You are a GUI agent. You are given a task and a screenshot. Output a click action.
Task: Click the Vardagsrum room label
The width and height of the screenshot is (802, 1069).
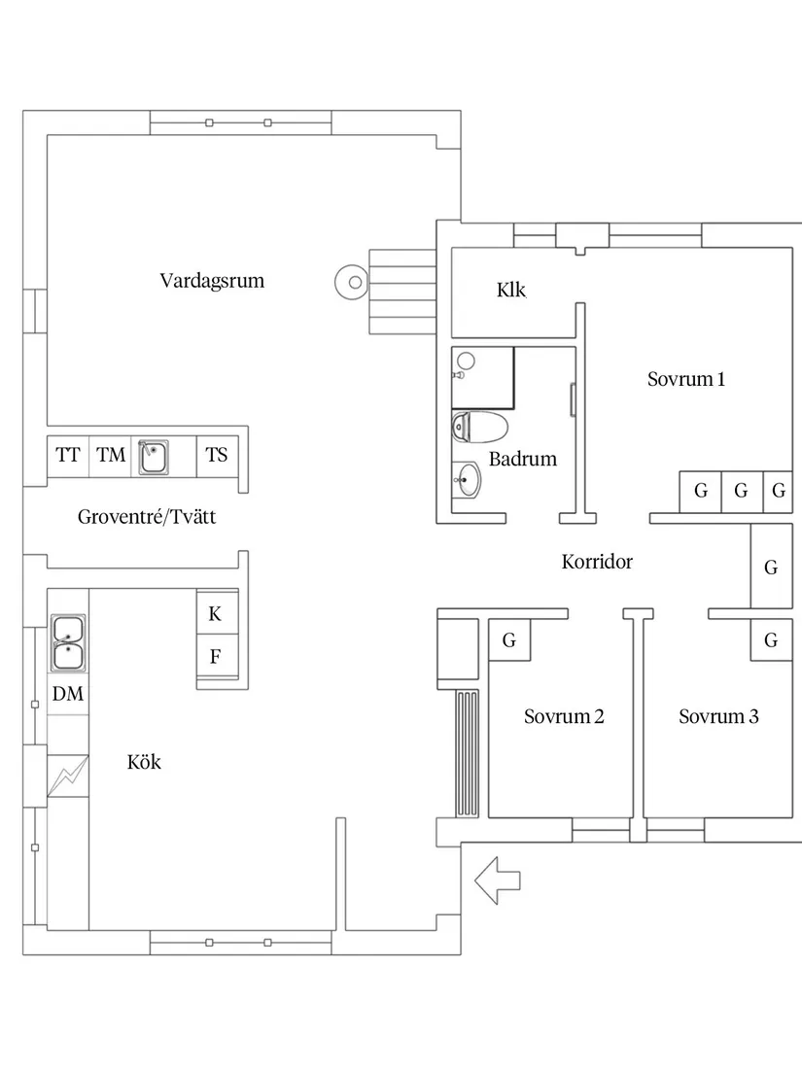coord(212,281)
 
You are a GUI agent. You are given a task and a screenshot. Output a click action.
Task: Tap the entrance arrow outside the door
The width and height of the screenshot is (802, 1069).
coord(497,880)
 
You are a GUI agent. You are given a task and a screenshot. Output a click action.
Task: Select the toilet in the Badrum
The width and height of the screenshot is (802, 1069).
coord(480,427)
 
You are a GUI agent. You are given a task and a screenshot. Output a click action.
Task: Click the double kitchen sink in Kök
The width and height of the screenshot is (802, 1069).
coord(68,643)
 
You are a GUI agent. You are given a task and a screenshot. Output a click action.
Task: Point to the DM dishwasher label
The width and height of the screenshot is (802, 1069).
coord(68,694)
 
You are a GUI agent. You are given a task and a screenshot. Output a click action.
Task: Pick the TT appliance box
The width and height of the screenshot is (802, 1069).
coord(68,456)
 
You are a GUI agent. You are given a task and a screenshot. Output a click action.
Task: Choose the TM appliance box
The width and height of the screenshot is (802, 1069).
coord(111,456)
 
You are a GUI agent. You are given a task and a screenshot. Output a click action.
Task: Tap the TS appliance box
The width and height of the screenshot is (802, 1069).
coord(218,456)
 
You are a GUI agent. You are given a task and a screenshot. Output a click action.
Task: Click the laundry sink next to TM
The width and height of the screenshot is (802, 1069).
coord(154,456)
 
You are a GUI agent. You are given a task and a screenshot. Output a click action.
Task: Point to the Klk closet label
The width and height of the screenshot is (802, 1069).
coord(511,290)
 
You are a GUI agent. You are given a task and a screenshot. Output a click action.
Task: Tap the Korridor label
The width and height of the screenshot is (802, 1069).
coord(597,562)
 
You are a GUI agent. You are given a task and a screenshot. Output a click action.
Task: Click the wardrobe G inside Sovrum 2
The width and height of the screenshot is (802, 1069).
coord(509,640)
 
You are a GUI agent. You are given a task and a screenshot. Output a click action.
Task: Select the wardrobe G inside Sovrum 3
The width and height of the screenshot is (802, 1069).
coord(771,640)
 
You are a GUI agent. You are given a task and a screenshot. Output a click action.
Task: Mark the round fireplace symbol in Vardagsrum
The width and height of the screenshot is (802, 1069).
coord(353,282)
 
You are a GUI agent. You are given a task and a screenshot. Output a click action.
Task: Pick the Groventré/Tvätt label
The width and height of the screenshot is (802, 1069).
coord(147,517)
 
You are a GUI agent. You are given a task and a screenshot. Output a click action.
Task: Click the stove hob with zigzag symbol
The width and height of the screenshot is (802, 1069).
coord(67,776)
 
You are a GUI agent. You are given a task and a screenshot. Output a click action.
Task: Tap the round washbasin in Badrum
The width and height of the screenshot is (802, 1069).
coord(467,480)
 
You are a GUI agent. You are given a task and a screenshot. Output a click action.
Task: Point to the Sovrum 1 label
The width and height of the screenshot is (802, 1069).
coord(686,379)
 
